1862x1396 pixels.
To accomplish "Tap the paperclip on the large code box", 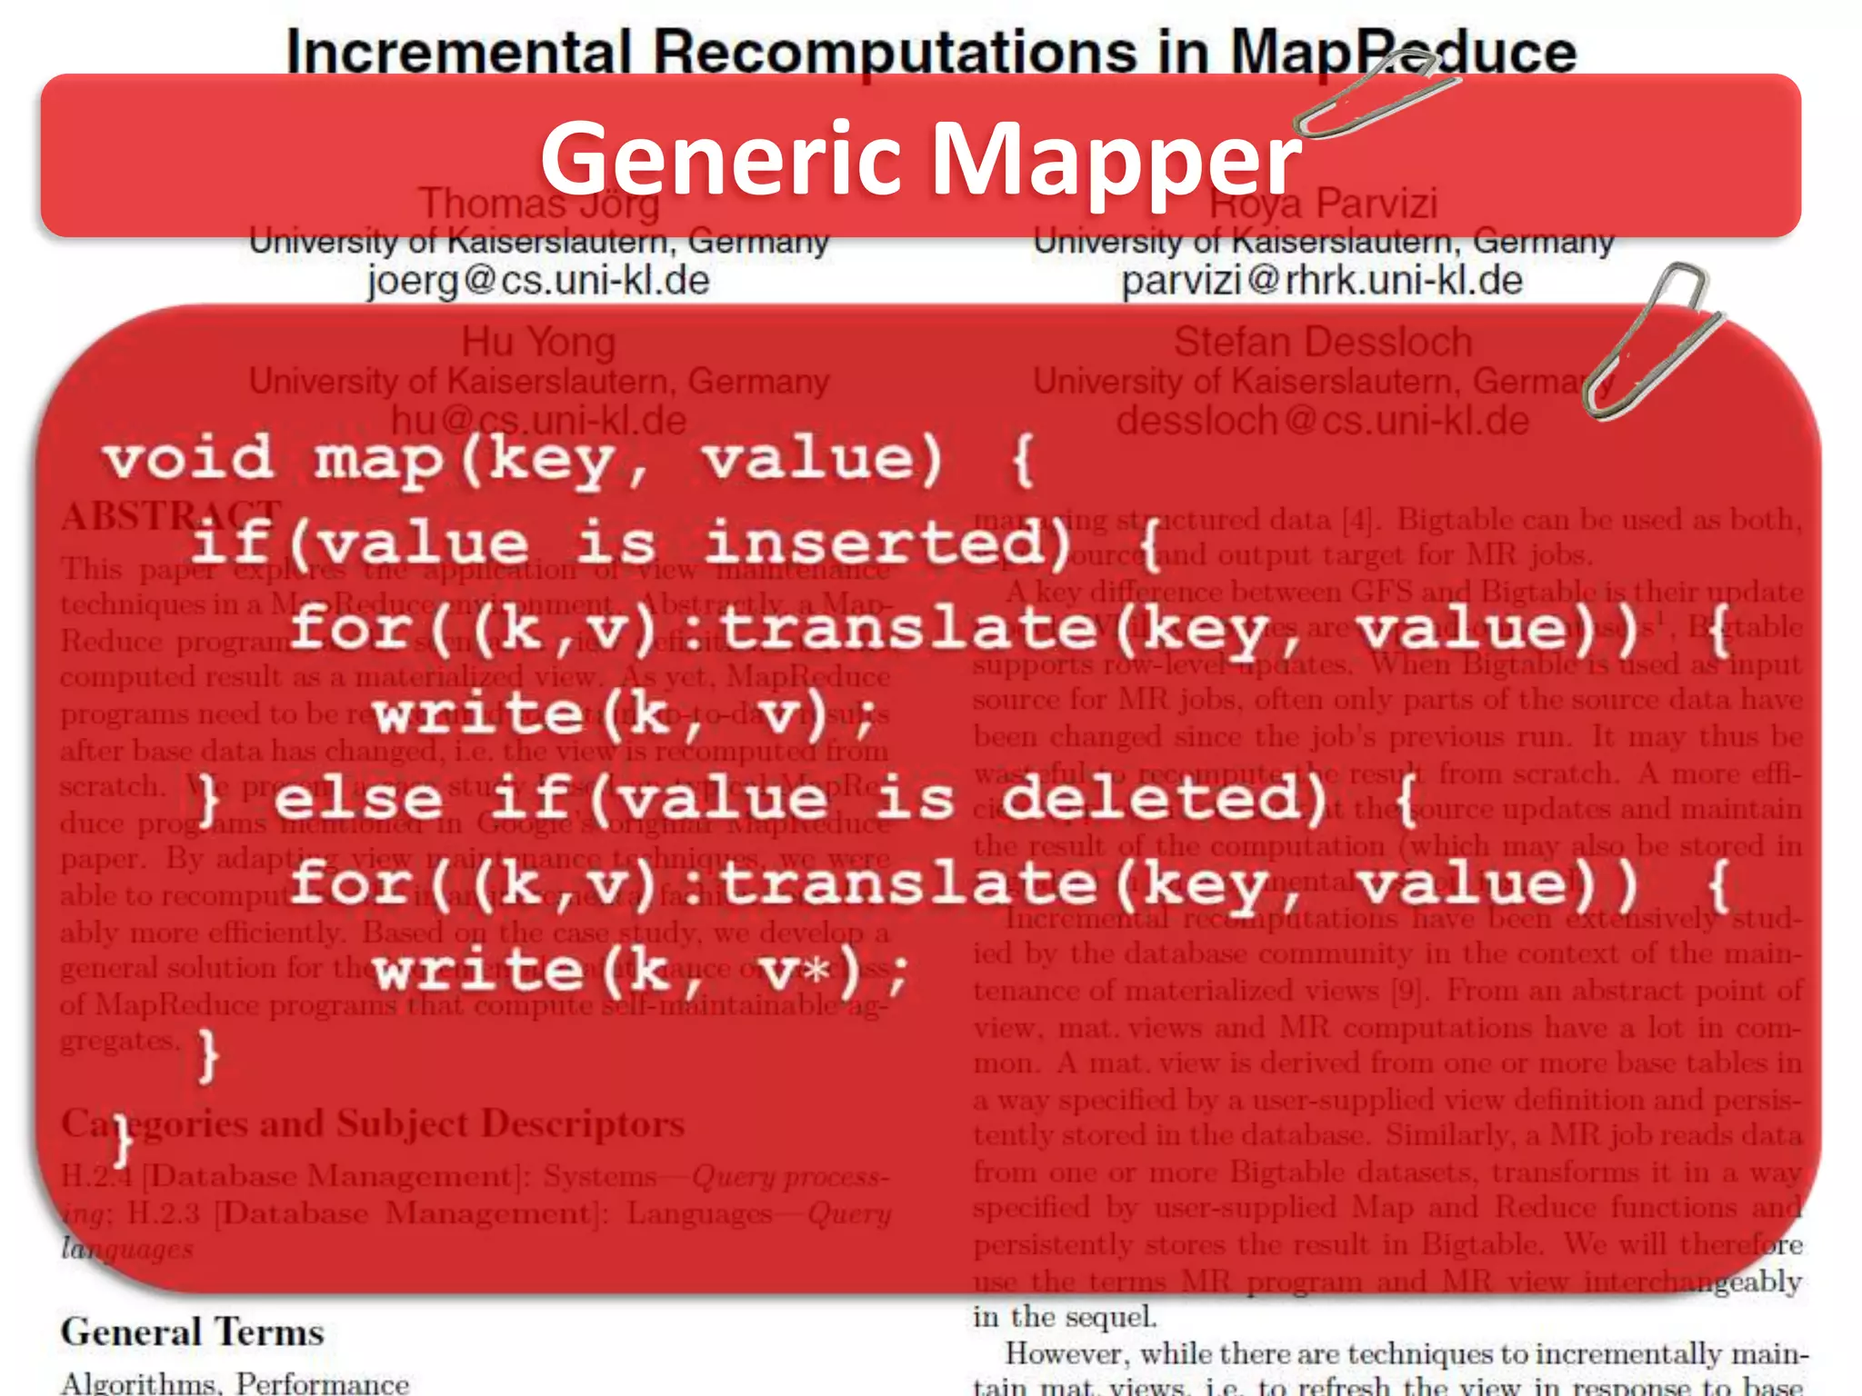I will (x=1650, y=341).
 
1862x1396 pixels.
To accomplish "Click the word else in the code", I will (x=358, y=798).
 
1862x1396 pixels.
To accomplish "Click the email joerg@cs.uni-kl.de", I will (x=538, y=280).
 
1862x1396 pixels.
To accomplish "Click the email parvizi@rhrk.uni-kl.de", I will (x=1321, y=280).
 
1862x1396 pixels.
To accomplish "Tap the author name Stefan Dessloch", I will (x=1322, y=343).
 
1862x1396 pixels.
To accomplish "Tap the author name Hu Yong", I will (x=538, y=343).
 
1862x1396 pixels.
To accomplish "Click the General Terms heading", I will (x=192, y=1332).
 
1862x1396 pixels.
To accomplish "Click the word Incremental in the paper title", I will (x=459, y=52).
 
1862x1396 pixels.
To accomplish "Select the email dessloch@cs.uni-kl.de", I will (x=1322, y=421).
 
